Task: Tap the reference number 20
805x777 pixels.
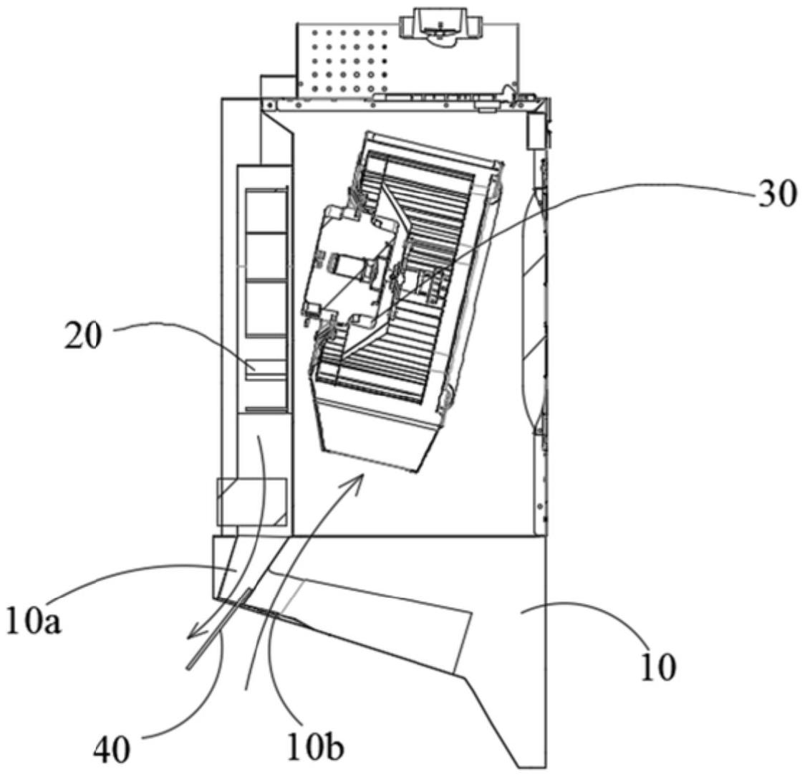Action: click(83, 337)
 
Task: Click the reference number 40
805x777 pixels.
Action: click(112, 751)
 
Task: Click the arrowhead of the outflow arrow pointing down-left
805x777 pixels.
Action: click(194, 633)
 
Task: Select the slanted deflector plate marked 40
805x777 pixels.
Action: click(219, 629)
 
